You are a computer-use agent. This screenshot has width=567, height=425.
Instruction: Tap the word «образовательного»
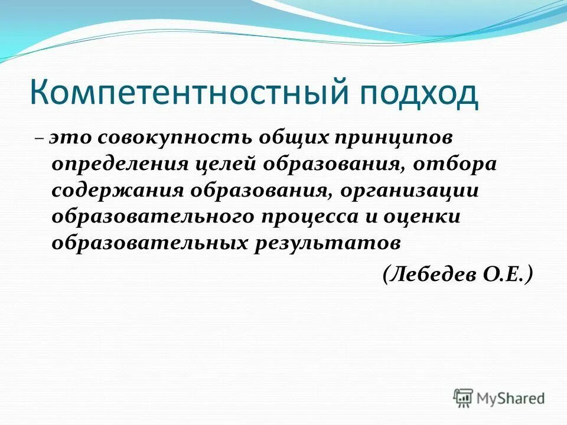[151, 217]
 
